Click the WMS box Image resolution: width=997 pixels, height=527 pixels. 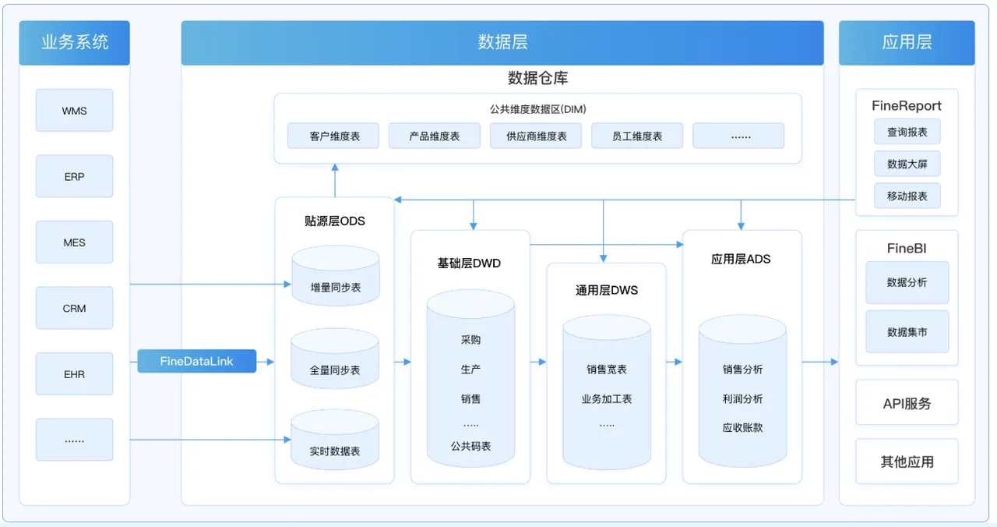[74, 110]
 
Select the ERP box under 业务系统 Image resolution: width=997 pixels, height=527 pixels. [74, 176]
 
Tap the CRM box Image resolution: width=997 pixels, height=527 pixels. [74, 308]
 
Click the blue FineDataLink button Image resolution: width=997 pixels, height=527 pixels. [197, 361]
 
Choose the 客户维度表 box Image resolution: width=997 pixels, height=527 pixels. [333, 136]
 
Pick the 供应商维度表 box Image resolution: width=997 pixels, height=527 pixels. [536, 136]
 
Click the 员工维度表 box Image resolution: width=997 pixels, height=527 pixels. [637, 136]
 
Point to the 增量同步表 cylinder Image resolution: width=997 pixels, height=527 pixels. [336, 275]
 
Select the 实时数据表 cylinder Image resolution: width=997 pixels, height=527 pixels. [335, 439]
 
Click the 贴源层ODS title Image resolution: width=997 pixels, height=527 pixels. [335, 221]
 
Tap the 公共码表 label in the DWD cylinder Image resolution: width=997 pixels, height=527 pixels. [470, 446]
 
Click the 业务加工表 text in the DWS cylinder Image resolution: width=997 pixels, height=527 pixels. [607, 398]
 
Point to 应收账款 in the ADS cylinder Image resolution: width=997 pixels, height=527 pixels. [742, 428]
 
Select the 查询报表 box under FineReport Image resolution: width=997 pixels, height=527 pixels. [907, 132]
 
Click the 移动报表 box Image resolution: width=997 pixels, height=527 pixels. [907, 196]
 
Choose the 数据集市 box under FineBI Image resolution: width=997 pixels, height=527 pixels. [907, 331]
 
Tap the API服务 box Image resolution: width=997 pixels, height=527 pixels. [907, 403]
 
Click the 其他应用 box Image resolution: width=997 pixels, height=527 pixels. [907, 461]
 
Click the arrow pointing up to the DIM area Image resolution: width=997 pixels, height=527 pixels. [335, 180]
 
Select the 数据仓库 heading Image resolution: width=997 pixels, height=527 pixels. [537, 78]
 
